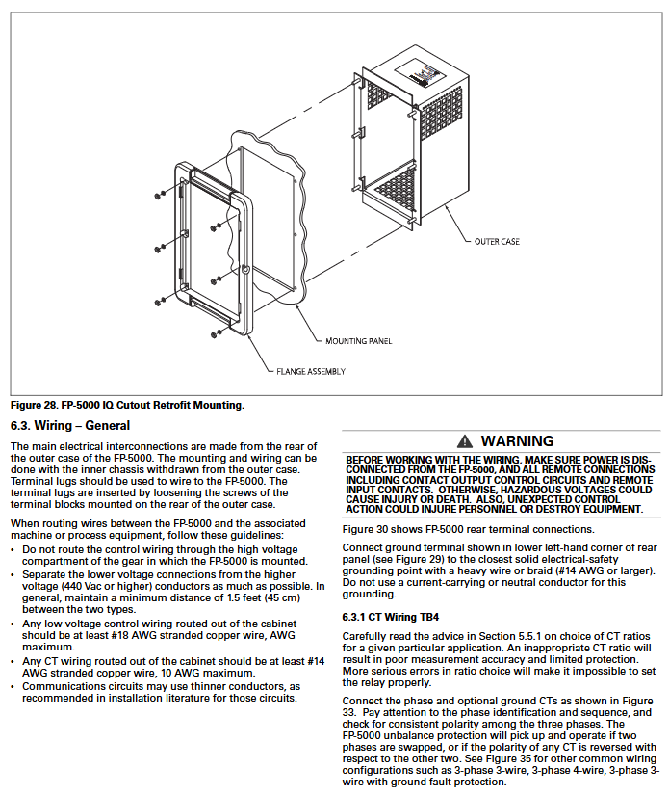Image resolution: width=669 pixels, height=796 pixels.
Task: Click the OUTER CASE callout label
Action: (x=497, y=241)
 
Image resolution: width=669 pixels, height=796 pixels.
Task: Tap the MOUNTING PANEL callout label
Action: (x=358, y=340)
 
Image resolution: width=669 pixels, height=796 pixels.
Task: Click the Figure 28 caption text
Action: (x=127, y=405)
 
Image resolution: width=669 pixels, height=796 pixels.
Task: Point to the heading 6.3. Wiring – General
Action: (x=70, y=425)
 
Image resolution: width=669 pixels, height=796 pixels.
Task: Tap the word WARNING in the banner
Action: (x=517, y=441)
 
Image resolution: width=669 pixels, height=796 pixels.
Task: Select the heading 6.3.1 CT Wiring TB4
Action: (x=390, y=616)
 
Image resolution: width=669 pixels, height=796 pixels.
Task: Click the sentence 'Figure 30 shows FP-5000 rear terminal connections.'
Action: (x=469, y=529)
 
